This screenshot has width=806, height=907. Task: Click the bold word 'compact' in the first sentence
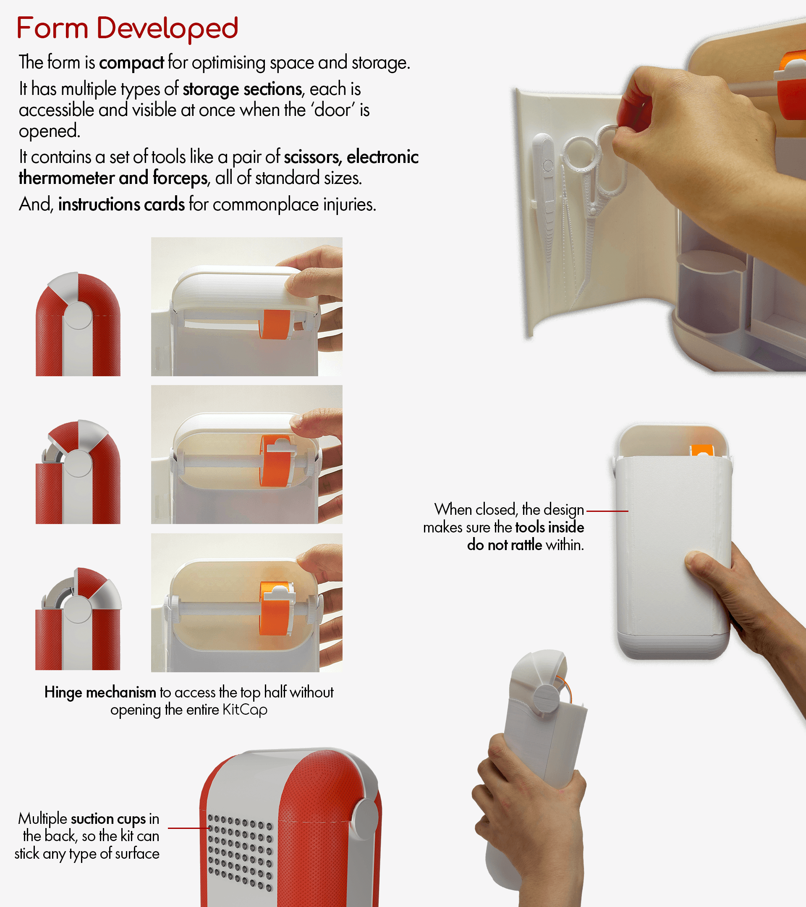coord(131,63)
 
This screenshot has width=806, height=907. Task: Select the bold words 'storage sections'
coord(243,89)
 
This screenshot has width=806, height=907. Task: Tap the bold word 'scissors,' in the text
coord(313,157)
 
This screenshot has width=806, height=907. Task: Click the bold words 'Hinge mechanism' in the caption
coord(100,692)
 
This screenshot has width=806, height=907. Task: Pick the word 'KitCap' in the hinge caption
coord(245,710)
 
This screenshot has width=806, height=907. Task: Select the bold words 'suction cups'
coord(108,819)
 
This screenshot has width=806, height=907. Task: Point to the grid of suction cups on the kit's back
coord(240,852)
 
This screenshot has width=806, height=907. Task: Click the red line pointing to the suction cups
coord(188,828)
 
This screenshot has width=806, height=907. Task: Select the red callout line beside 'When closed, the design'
coord(607,511)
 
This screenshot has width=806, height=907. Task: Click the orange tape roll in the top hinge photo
coord(275,324)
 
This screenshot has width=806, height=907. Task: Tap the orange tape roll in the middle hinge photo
coord(277,461)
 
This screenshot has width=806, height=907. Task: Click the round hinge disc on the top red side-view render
coord(78,315)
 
